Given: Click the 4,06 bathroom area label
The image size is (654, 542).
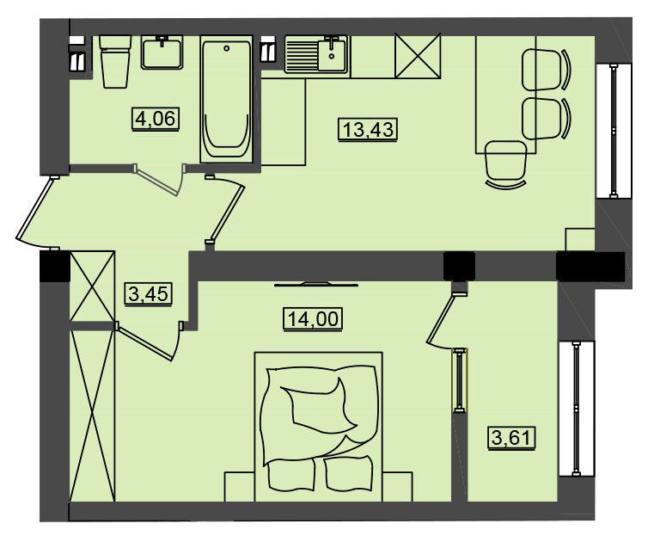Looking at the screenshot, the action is (x=156, y=119).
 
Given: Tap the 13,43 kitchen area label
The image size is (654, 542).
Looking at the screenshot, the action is (x=368, y=129).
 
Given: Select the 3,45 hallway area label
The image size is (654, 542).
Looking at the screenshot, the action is (x=149, y=294).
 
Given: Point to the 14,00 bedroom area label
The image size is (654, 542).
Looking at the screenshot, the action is (x=313, y=319).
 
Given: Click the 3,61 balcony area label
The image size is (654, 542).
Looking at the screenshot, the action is (x=512, y=438).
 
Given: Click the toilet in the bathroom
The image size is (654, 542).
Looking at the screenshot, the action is (x=115, y=61).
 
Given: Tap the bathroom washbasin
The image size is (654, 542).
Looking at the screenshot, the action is (x=162, y=52).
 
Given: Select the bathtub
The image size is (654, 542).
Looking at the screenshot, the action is (x=227, y=99).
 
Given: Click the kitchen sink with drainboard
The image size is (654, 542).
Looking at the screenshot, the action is (x=316, y=55).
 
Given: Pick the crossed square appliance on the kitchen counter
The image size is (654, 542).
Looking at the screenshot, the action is (x=418, y=57).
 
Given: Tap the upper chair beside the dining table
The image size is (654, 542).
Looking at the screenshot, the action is (x=546, y=70).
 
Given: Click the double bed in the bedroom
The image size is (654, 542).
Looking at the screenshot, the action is (x=318, y=427).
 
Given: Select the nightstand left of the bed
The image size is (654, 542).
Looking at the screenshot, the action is (x=240, y=487).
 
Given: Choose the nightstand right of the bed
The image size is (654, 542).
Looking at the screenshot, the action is (x=398, y=487).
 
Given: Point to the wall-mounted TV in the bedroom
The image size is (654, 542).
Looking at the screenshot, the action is (x=316, y=285).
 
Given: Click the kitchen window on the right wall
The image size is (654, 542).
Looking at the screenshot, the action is (x=614, y=131).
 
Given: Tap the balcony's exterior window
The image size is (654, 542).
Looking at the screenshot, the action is (x=577, y=409).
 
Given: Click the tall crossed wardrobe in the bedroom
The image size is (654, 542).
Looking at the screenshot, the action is (x=92, y=416).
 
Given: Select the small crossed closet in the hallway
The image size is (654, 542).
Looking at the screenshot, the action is (x=92, y=286).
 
